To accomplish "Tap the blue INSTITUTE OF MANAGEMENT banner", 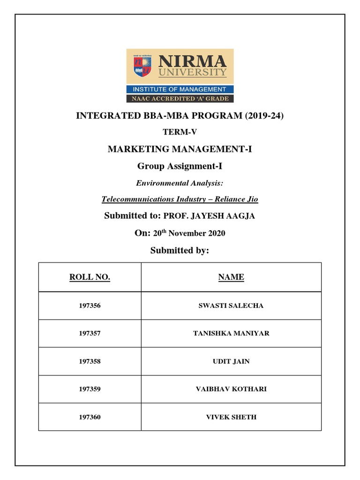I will coord(180,89).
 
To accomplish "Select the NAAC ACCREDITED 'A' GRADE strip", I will coord(180,98).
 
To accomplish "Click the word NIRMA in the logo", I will coord(193,61).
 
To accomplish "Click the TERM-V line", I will coord(180,132).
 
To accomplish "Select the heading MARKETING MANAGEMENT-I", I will coord(180,149).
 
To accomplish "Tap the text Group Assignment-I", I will coord(180,166).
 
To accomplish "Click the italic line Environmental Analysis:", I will coord(180,183).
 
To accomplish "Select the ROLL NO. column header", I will coord(90,277).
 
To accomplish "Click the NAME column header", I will coord(231,277).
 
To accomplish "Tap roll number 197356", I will coord(90,306).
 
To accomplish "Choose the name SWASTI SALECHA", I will coord(231,306).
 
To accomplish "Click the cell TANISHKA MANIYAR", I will coord(231,333).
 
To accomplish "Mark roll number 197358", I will coord(90,361).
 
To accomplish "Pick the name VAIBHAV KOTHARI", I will coord(231,389).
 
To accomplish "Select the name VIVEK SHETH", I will coord(231,417).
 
